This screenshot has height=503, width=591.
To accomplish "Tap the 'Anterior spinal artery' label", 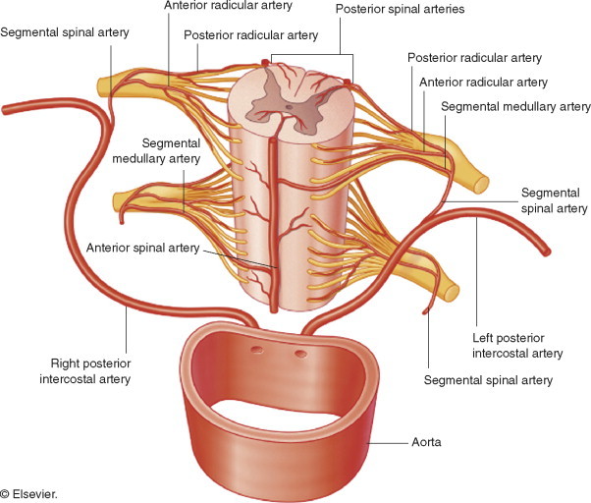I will (142, 248).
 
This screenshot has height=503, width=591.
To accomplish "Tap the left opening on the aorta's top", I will (257, 349).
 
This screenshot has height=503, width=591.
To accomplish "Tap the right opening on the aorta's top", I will (300, 353).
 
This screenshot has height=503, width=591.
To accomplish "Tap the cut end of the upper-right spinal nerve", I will (481, 181).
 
